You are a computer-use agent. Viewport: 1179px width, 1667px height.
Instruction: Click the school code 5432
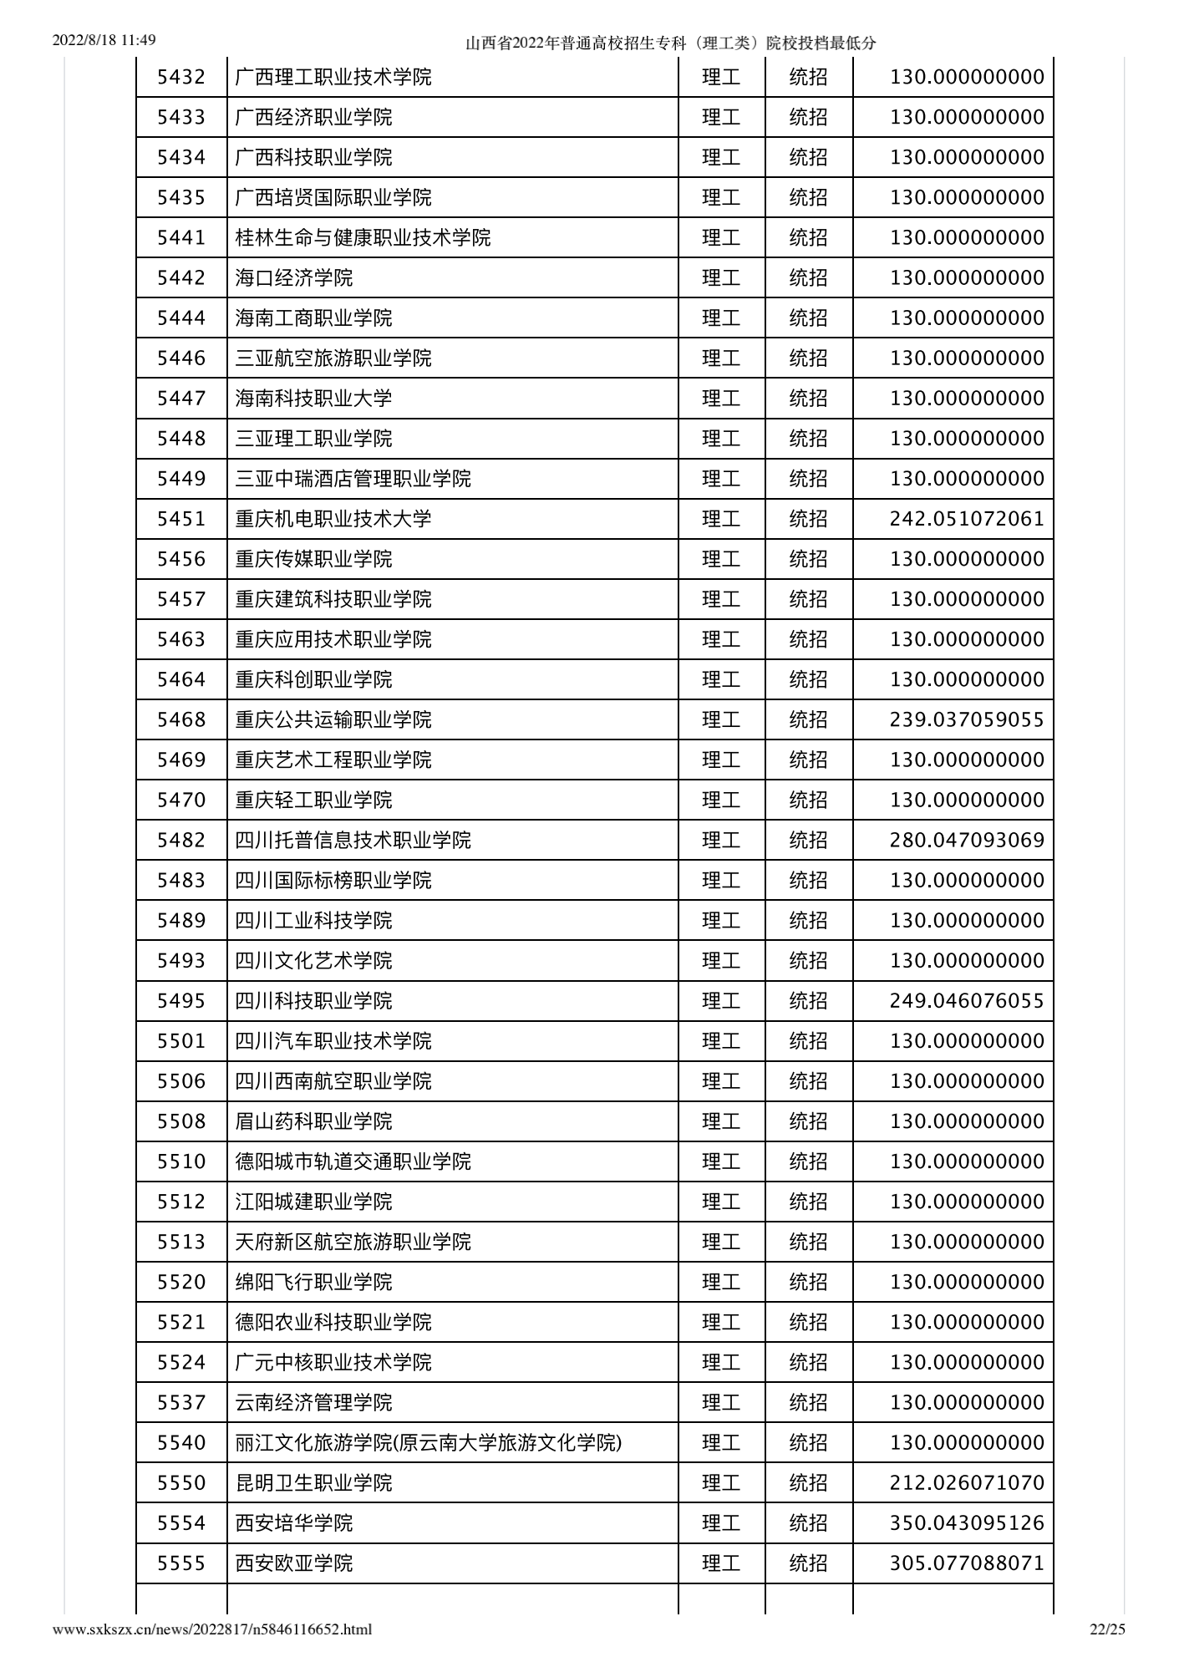[x=181, y=78]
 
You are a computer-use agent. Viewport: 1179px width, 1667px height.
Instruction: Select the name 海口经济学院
[x=294, y=278]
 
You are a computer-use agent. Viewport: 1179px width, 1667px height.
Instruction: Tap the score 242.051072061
[x=967, y=519]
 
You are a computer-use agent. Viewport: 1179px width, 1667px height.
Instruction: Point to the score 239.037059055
[x=967, y=719]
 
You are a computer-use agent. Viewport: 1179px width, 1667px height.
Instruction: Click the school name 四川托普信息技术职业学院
[x=353, y=840]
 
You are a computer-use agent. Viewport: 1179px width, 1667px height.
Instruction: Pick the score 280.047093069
[x=967, y=840]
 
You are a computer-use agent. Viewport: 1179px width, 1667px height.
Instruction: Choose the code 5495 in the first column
[x=181, y=1001]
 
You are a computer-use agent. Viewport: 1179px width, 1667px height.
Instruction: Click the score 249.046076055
[x=967, y=1001]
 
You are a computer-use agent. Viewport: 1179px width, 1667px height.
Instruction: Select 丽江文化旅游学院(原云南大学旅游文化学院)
[x=429, y=1443]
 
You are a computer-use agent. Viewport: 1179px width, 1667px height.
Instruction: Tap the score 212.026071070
[x=967, y=1483]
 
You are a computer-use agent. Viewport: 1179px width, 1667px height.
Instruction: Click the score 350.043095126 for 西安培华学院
[x=967, y=1523]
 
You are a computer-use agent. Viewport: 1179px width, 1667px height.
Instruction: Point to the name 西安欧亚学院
[x=294, y=1563]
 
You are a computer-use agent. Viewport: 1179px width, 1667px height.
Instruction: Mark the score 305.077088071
[x=967, y=1563]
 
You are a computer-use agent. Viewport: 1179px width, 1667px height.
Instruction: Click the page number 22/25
[x=1108, y=1629]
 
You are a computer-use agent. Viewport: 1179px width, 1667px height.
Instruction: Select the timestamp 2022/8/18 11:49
[x=104, y=40]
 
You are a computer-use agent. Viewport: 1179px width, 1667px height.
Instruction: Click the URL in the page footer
[x=212, y=1629]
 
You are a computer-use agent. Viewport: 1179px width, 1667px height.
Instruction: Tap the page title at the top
[x=670, y=43]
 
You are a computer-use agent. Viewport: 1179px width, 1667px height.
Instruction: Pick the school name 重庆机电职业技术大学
[x=333, y=519]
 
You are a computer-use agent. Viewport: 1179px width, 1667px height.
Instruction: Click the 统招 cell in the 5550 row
[x=808, y=1483]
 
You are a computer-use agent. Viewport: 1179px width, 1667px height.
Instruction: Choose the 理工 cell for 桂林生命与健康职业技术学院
[x=721, y=238]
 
